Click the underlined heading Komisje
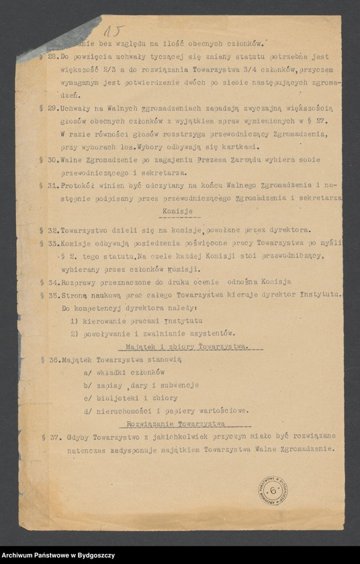(177, 211)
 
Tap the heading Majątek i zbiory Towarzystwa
(186, 346)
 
